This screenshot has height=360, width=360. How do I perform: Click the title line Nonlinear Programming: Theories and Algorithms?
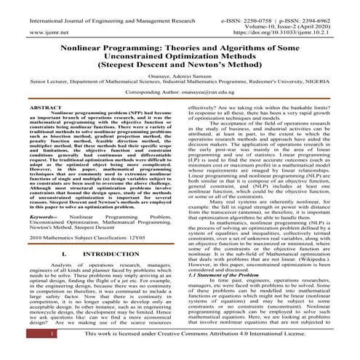tap(180, 43)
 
